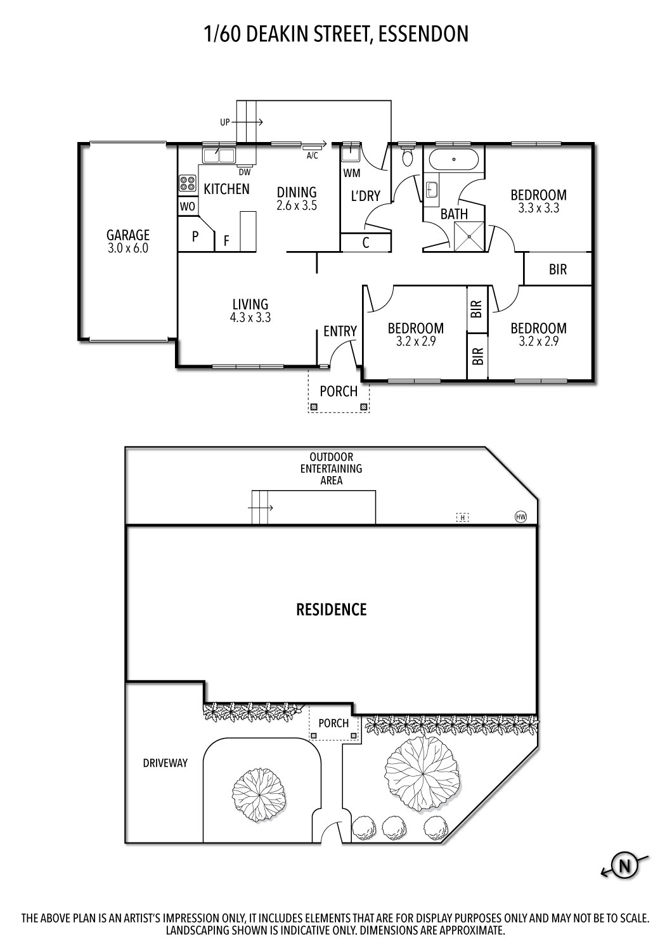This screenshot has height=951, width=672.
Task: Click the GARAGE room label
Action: (x=127, y=235)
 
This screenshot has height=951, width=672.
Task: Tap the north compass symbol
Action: (x=625, y=865)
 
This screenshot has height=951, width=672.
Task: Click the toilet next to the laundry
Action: (x=407, y=155)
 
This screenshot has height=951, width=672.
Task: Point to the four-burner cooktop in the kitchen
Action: (x=187, y=184)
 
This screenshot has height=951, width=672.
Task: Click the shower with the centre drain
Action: (x=469, y=236)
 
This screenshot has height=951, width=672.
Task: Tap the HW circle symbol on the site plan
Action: (x=520, y=517)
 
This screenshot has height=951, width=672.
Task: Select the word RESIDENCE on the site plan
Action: (x=332, y=610)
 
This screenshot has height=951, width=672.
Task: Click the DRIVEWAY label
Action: (x=165, y=763)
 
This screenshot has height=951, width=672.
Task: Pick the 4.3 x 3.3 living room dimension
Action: (x=250, y=318)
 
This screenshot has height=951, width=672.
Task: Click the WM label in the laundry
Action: (x=352, y=173)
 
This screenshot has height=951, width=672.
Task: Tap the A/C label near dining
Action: (x=312, y=155)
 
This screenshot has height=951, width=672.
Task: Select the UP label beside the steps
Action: (x=225, y=122)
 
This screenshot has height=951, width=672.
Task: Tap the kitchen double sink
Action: (x=219, y=155)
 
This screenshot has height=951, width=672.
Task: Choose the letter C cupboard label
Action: (x=366, y=243)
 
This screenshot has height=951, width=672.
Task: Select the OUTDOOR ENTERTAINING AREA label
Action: (x=331, y=469)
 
